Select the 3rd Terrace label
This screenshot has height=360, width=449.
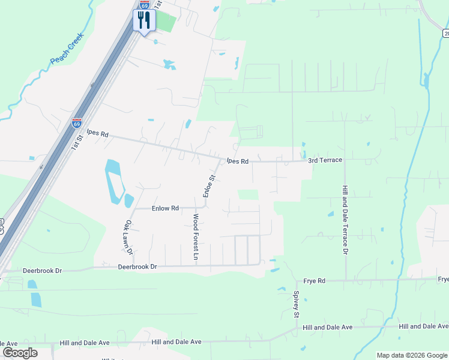coord(325,160)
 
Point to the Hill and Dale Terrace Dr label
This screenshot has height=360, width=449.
coord(345,219)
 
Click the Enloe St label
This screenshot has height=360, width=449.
coord(208,186)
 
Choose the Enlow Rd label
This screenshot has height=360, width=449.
coord(165,208)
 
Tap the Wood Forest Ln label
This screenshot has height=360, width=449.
coord(196,236)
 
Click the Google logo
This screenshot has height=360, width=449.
coord(20,353)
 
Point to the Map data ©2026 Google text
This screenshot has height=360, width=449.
coord(412,355)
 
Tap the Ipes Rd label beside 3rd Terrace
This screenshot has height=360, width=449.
coord(238,161)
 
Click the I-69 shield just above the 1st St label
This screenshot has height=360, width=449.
coord(76,123)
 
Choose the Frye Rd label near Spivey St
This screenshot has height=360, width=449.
coord(314,280)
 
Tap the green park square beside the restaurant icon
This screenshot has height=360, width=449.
coord(166,22)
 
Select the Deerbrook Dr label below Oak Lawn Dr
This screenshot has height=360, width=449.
coord(137,266)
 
